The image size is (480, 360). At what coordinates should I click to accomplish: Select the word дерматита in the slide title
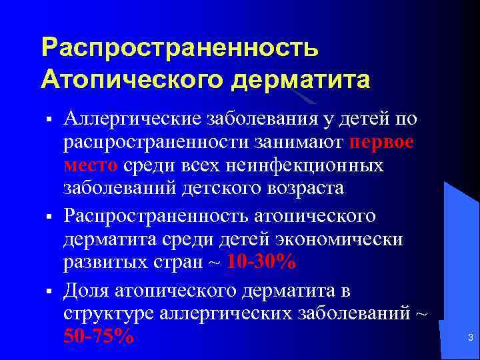300,79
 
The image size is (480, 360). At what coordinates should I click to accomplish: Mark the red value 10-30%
261,262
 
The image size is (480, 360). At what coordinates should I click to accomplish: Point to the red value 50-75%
98,337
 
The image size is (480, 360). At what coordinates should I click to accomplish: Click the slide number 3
470,338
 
